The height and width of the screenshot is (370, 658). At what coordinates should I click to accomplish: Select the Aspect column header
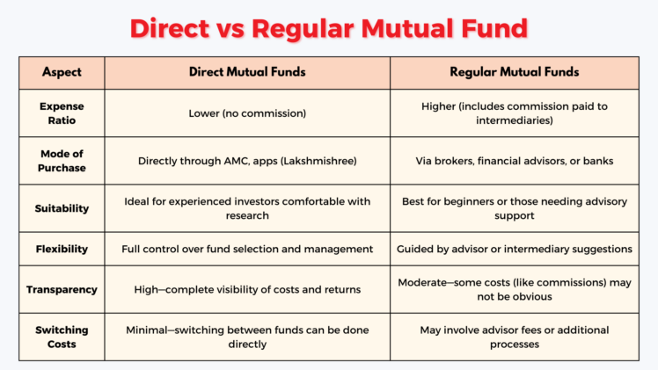pyautogui.click(x=62, y=72)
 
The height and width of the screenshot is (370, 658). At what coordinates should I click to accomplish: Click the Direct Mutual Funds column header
pyautogui.click(x=248, y=72)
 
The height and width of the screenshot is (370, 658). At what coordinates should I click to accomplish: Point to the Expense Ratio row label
pyautogui.click(x=62, y=113)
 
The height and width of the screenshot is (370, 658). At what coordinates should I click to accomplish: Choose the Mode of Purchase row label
pyautogui.click(x=62, y=161)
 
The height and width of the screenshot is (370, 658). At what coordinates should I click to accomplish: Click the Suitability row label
pyautogui.click(x=62, y=207)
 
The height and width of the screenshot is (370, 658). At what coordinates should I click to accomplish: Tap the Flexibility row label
pyautogui.click(x=62, y=249)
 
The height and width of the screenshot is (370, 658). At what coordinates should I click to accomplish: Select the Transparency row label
pyautogui.click(x=62, y=289)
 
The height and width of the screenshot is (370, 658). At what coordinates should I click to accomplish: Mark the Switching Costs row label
pyautogui.click(x=62, y=337)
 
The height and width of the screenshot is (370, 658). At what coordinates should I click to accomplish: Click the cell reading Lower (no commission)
pyautogui.click(x=248, y=113)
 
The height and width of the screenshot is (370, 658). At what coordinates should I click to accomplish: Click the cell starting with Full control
pyautogui.click(x=248, y=249)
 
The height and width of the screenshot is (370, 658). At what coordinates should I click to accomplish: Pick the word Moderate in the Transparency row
pyautogui.click(x=427, y=283)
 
